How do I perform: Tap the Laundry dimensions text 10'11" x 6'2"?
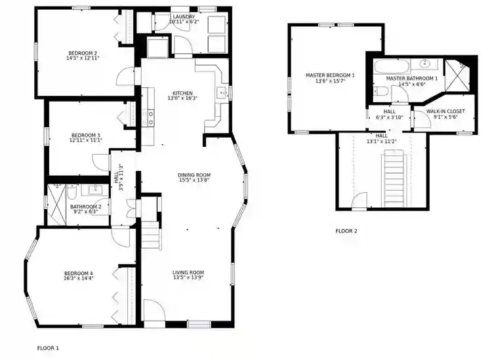point(183,22)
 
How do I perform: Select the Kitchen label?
point(182,92)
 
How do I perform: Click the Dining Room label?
point(194,174)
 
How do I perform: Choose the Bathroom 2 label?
point(84,207)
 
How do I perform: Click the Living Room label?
point(188,272)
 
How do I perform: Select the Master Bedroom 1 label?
point(330,75)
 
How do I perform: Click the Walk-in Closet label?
point(445,111)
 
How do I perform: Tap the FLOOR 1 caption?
point(48,348)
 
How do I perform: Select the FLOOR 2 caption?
point(346,231)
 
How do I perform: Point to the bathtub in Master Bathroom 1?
point(392,65)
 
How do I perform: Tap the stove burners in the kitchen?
point(152,117)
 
